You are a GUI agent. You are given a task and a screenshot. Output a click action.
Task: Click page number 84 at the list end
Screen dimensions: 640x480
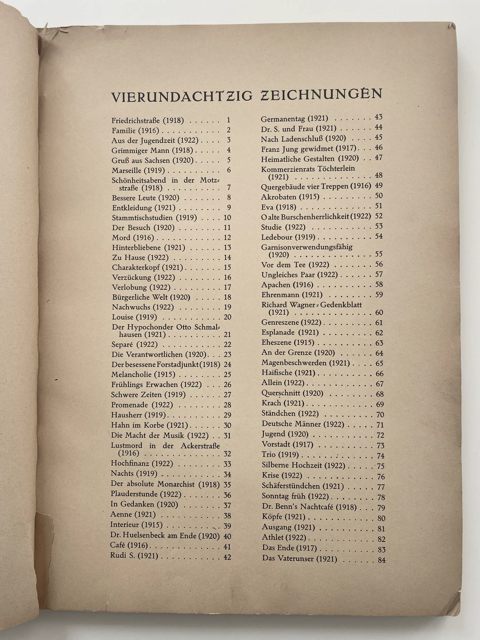pos(382,560)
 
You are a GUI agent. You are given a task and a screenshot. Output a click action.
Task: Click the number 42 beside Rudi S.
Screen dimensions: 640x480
pos(227,556)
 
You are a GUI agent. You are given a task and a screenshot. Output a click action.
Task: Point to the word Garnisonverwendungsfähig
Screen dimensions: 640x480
pos(307,247)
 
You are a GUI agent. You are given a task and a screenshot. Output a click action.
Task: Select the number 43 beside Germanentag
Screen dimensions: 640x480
pos(378,117)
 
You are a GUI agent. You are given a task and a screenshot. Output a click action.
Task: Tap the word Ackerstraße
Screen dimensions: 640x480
pos(200,446)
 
